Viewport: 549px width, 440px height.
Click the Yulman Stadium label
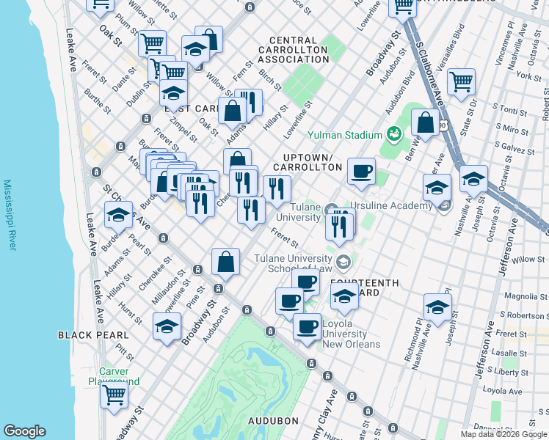344,135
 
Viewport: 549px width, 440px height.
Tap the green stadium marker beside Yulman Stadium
393,134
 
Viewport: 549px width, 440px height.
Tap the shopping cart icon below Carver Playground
114,395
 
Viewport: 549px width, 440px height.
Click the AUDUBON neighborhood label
272,421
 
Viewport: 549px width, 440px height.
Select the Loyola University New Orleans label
351,334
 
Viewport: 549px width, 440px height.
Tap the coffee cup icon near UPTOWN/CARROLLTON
361,171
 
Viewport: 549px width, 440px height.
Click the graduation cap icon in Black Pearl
167,326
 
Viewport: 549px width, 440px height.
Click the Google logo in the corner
24,431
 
